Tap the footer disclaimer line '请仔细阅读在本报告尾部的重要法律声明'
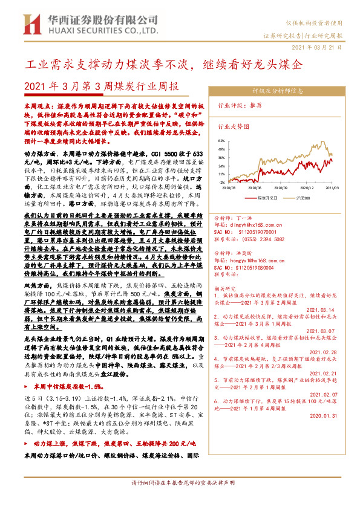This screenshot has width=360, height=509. (x=180, y=499)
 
